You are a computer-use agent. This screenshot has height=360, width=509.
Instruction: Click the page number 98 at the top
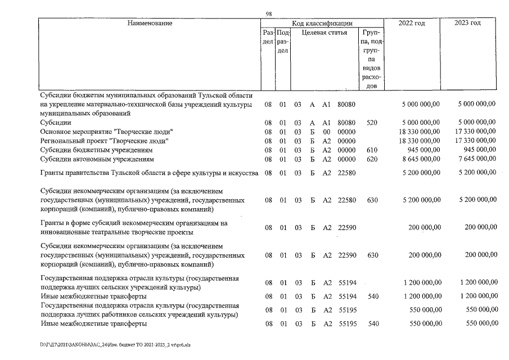(268, 14)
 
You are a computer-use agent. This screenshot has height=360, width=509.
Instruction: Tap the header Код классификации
(322, 23)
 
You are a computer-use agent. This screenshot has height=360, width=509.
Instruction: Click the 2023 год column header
(467, 23)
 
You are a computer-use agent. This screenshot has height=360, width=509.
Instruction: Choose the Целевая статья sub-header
(324, 33)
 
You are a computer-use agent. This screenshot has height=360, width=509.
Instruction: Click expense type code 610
(372, 150)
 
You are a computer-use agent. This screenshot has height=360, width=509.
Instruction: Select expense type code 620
(372, 159)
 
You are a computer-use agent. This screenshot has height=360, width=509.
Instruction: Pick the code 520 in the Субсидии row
(372, 122)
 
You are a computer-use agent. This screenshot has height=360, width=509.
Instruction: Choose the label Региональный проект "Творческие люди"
(105, 141)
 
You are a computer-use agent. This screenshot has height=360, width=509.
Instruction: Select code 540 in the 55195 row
(372, 325)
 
